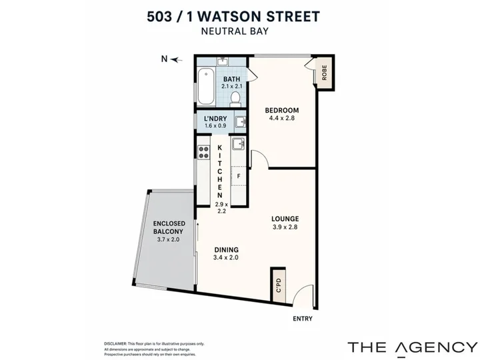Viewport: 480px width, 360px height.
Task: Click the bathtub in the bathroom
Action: coord(206,87)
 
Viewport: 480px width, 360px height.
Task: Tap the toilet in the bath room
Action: coord(235,99)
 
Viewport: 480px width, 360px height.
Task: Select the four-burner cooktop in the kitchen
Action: coord(203,152)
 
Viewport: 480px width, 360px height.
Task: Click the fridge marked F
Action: coord(239,176)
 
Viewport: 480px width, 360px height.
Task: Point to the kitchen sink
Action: coord(238,144)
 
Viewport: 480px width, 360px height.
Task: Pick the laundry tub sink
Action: coord(241,122)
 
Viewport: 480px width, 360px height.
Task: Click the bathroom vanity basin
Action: coord(222,61)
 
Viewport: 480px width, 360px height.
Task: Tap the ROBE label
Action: coord(325,73)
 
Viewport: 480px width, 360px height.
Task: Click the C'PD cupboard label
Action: coord(279,285)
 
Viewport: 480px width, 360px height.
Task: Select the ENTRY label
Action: coord(303,319)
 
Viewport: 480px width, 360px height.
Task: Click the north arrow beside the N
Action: coord(176,60)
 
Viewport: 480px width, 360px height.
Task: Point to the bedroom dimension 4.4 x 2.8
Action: coord(281,118)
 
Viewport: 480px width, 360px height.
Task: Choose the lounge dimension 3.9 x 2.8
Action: coord(285,227)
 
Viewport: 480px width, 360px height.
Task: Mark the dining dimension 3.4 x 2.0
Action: coord(226,258)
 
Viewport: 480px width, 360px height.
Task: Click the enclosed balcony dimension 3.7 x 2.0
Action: coord(169,240)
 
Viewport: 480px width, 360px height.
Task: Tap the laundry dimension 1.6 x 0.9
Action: coord(215,126)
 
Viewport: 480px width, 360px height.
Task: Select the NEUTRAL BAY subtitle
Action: coord(235,31)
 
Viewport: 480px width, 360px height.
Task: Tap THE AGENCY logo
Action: coord(413,348)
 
